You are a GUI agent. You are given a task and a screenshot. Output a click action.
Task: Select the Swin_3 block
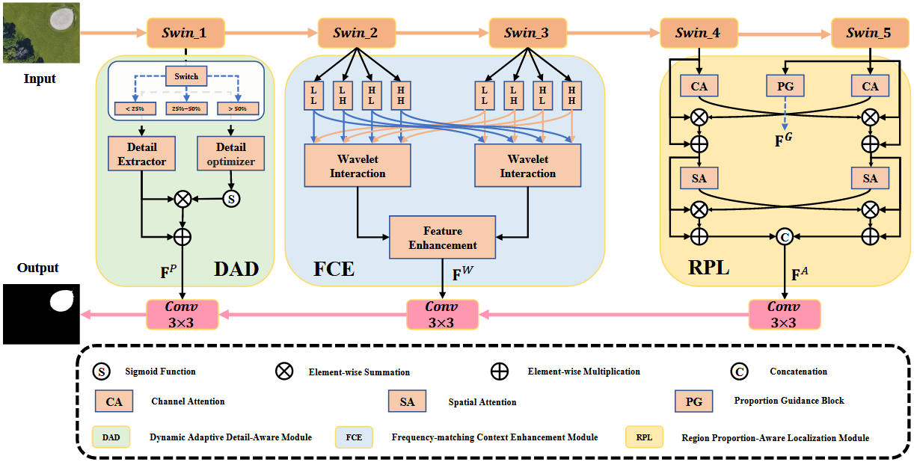pos(526,33)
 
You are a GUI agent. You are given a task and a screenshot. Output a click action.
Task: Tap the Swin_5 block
pos(868,33)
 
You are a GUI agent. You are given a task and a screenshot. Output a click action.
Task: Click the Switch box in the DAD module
pos(187,76)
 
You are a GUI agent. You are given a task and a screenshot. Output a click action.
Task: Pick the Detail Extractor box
pos(141,154)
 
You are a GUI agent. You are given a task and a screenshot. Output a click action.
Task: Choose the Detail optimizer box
pos(230,154)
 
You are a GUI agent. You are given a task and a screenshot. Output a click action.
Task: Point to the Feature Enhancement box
pos(442,238)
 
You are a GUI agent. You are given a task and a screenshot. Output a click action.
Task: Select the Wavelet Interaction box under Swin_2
pos(358,166)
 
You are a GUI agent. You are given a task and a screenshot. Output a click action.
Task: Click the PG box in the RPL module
pos(785,87)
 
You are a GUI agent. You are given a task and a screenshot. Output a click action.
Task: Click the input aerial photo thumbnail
pos(40,31)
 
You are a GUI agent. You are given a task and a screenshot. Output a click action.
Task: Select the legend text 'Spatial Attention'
pos(482,402)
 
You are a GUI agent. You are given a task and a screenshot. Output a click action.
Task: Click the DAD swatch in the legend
pos(111,437)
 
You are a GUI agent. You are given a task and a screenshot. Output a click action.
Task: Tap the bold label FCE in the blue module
pos(334,268)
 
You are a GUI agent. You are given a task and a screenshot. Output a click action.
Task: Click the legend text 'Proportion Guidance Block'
pos(789,401)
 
